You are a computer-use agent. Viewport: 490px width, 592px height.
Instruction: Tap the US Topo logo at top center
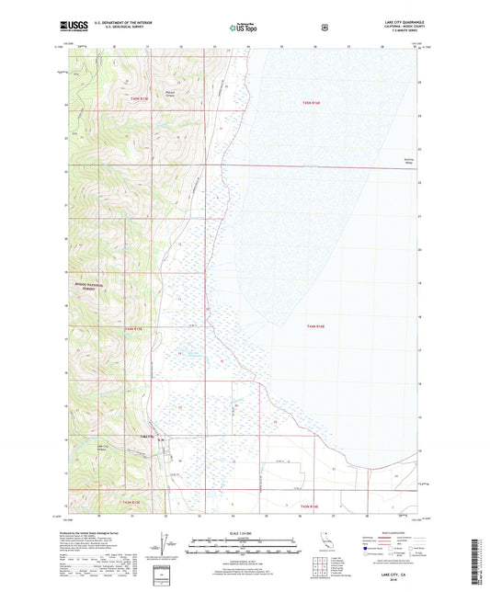[x=242, y=28]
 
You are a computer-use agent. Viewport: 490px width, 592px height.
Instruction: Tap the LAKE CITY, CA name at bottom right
[x=391, y=575]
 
